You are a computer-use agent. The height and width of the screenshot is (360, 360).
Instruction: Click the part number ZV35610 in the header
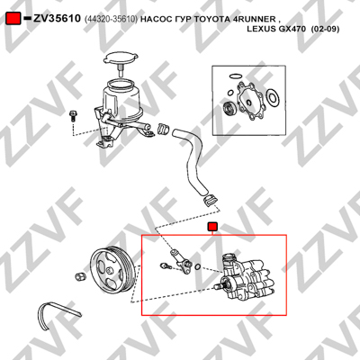point(57,19)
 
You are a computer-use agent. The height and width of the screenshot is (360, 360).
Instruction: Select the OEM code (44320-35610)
point(111,19)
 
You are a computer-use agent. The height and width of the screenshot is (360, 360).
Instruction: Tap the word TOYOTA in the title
point(212,19)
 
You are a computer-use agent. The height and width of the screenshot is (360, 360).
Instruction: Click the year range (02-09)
point(325,29)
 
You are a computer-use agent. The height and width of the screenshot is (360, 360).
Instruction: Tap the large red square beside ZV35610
point(13,18)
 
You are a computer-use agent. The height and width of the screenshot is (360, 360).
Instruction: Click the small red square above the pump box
point(212,227)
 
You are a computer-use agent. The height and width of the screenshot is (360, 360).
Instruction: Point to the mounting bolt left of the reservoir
point(73,116)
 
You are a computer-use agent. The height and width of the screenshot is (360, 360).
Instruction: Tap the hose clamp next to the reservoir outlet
point(163,129)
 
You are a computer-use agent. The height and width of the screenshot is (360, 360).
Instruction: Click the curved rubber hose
point(190,162)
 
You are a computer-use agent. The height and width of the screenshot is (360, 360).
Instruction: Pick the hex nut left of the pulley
point(80,276)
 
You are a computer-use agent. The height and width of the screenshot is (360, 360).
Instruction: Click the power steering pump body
point(246,276)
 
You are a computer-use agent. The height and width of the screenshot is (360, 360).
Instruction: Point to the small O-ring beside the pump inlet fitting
point(198,266)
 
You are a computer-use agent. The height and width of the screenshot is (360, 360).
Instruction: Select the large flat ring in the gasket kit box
point(273,98)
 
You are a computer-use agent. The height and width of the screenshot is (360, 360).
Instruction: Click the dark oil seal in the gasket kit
point(229,108)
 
